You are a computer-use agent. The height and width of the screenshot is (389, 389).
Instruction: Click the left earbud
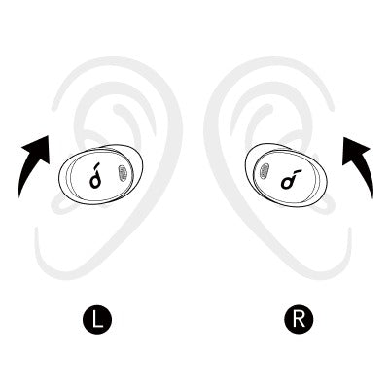102,174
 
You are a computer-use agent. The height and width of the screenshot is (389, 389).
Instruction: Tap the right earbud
287,174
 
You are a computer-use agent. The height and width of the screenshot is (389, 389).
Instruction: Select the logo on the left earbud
95,177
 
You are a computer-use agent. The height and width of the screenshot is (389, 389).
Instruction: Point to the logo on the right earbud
290,179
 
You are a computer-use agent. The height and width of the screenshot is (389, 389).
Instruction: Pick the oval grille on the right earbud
265,171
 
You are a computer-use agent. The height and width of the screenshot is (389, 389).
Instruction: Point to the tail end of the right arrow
371,197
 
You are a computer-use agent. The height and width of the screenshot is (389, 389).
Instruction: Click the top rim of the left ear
117,63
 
